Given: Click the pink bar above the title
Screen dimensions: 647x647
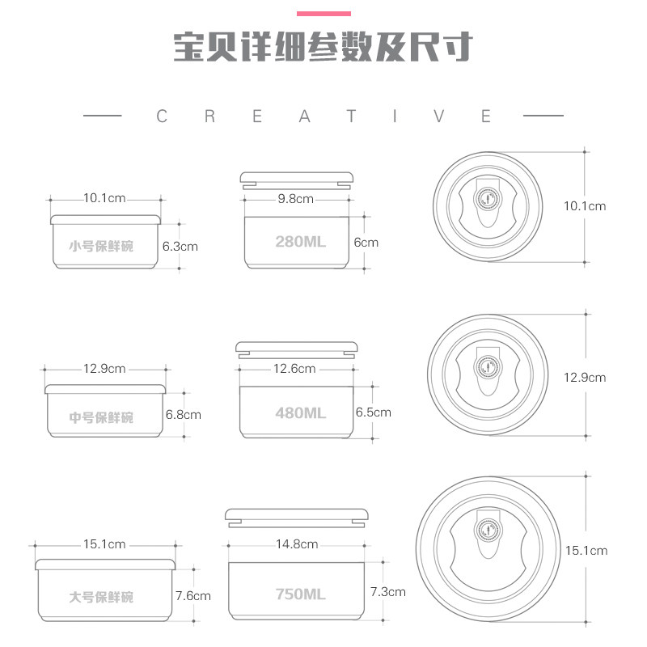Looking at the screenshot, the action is (323, 13).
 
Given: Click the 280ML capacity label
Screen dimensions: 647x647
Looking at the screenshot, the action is (300, 242).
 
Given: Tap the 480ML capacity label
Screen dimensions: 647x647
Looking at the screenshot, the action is (300, 412).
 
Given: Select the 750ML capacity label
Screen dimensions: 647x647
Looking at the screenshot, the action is (300, 594).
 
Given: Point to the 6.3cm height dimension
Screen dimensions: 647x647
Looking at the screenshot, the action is (180, 246).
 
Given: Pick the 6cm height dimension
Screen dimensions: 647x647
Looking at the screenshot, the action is (366, 242).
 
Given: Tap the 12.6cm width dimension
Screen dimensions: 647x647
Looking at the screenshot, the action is (294, 369).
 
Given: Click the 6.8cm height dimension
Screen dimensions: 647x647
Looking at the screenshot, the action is (183, 415).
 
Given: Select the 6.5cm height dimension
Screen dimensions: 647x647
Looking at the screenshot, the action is (373, 412).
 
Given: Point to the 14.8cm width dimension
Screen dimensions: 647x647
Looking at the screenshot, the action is (297, 544).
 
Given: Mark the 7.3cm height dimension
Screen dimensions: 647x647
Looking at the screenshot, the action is (387, 591).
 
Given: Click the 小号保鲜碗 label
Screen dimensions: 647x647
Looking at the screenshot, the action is (101, 246).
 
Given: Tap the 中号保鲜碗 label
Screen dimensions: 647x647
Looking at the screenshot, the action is (101, 417).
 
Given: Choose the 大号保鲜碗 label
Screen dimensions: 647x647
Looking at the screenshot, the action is (101, 598).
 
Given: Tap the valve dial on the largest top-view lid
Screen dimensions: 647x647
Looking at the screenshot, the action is (488, 531).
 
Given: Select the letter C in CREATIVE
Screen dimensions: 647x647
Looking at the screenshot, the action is (161, 116).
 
